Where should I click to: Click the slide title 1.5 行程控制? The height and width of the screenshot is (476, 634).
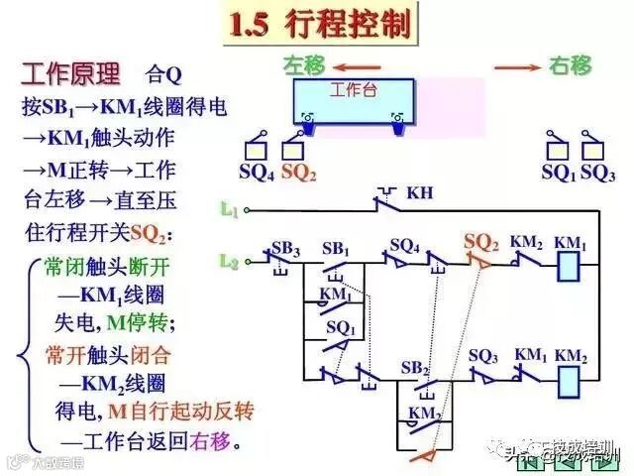(x=319, y=24)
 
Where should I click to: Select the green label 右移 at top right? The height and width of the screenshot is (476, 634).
(x=571, y=66)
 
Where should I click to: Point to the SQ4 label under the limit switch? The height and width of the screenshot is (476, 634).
(x=257, y=172)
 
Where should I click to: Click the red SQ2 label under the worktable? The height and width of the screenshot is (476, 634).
(x=298, y=172)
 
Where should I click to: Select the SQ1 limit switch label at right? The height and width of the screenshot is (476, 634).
(x=558, y=172)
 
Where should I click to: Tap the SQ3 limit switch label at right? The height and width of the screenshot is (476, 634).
(x=597, y=172)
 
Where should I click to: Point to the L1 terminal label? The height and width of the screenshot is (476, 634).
(x=229, y=209)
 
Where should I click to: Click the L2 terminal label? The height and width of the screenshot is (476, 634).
(x=229, y=261)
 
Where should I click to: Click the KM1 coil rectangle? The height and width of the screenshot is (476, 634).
(x=570, y=265)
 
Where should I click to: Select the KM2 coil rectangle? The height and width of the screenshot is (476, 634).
(x=570, y=380)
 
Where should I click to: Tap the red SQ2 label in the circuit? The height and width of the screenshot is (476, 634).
(x=481, y=241)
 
